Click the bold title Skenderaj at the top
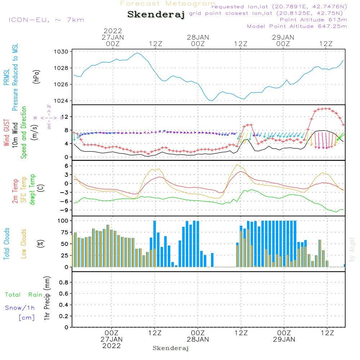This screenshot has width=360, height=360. (156, 15)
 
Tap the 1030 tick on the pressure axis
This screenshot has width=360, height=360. (62, 52)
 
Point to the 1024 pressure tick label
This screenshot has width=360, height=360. (62, 101)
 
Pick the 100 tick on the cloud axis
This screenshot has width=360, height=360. (63, 221)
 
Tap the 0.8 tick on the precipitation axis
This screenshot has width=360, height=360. (63, 283)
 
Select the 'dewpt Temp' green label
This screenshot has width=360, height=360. (32, 190)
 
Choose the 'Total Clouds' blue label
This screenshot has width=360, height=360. (6, 244)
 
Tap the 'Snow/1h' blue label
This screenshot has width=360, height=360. (20, 308)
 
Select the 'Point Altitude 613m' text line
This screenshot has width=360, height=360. (313, 20)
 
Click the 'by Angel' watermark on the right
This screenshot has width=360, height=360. (352, 249)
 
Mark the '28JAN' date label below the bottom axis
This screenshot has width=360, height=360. (198, 339)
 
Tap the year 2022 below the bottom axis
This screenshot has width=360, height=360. (112, 346)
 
